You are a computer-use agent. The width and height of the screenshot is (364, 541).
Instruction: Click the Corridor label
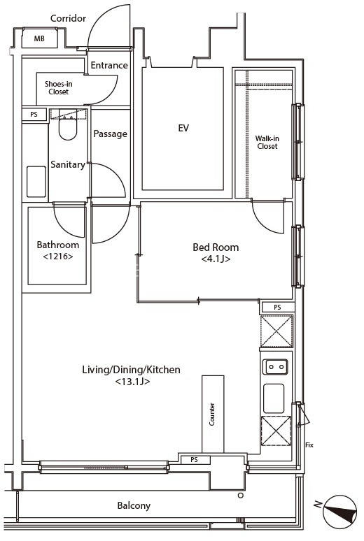point(68,18)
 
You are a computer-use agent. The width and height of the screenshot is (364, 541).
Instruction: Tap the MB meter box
point(39,38)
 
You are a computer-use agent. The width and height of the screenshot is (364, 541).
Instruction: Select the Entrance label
point(109,65)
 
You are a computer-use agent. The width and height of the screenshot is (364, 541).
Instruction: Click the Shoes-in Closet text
point(58,87)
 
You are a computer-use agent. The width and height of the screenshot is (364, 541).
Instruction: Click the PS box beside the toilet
point(34,114)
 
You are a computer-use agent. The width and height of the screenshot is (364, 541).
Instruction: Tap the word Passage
point(111,134)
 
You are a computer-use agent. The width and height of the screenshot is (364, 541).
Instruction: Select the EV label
point(183,128)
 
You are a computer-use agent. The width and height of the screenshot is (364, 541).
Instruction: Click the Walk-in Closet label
point(267,142)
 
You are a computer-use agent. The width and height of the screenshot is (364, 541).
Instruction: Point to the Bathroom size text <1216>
point(58,257)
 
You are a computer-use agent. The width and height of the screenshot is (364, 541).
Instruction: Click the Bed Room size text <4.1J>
point(216,259)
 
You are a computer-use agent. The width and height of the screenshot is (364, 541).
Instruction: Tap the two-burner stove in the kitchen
point(275,367)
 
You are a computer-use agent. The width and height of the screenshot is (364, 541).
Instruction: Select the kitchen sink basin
point(274,398)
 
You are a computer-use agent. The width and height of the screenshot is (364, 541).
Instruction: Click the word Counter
point(212,414)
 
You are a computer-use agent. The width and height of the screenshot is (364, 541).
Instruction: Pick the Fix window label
point(309,445)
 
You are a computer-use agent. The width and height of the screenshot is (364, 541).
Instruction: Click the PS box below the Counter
point(195,460)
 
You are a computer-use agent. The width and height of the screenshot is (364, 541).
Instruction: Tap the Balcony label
point(134,506)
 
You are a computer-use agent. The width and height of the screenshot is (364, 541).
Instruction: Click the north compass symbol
point(339,512)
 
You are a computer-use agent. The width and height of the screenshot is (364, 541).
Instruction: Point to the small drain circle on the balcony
point(241,496)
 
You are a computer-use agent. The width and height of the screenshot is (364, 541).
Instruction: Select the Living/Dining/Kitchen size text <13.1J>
point(132,382)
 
